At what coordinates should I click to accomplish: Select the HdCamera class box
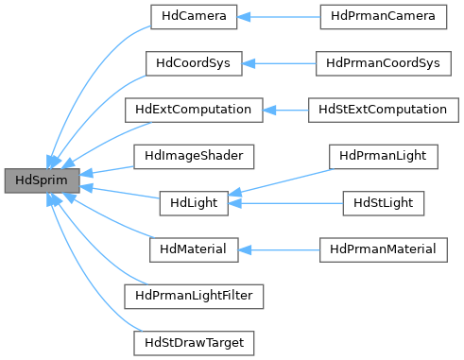[179, 17]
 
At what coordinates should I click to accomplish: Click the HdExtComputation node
[193, 110]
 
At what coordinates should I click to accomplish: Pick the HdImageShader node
[193, 155]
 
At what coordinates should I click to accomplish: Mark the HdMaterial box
[193, 249]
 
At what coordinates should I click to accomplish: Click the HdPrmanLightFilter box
[193, 295]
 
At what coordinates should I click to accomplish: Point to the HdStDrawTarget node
[193, 341]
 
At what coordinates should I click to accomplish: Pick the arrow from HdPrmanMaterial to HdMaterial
[278, 249]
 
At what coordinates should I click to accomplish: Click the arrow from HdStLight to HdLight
[284, 202]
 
